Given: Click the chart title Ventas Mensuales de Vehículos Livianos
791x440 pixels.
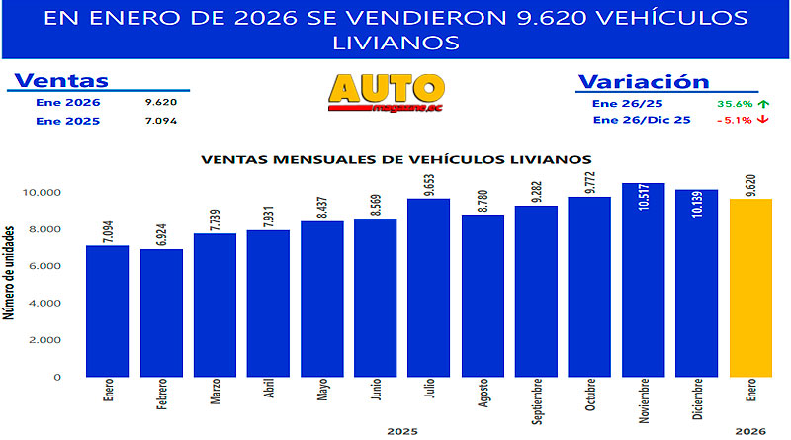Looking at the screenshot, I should [396, 158].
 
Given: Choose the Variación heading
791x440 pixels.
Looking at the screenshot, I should [643, 81].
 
